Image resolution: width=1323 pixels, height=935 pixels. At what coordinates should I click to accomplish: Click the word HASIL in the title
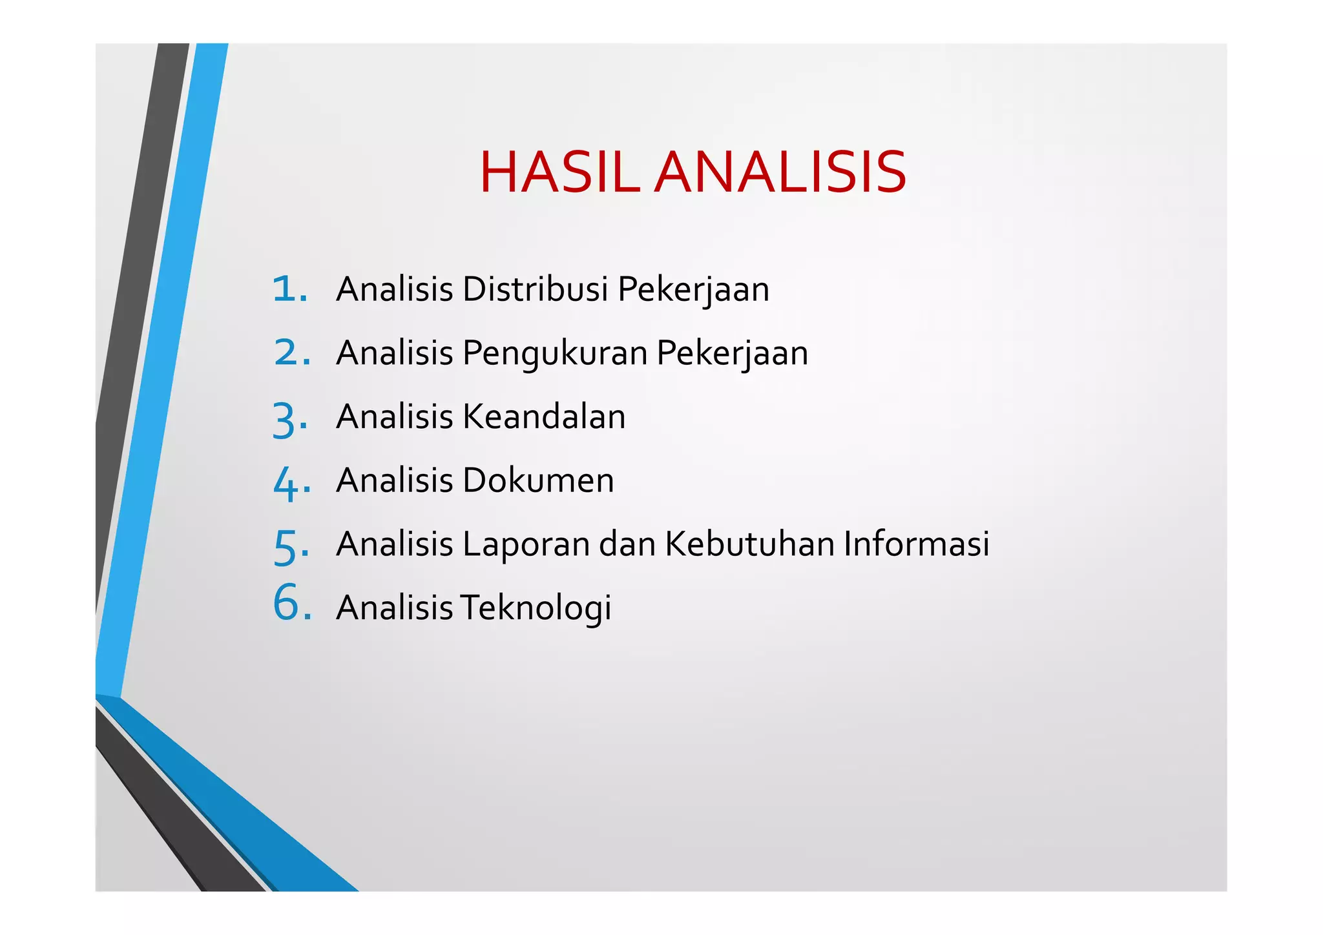(x=559, y=172)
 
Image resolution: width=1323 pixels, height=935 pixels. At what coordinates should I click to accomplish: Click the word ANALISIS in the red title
(x=780, y=172)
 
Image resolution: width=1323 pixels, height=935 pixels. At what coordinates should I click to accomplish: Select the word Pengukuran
(x=555, y=354)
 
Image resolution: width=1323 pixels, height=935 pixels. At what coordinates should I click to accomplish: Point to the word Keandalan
(x=544, y=416)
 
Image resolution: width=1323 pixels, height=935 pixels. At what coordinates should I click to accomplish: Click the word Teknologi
(x=536, y=608)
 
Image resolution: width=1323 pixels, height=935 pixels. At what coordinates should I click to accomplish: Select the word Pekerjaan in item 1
(x=693, y=289)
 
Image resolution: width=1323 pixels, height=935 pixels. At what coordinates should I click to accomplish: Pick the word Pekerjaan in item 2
(x=732, y=354)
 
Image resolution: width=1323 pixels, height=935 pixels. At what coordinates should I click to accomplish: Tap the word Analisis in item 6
(x=394, y=608)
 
